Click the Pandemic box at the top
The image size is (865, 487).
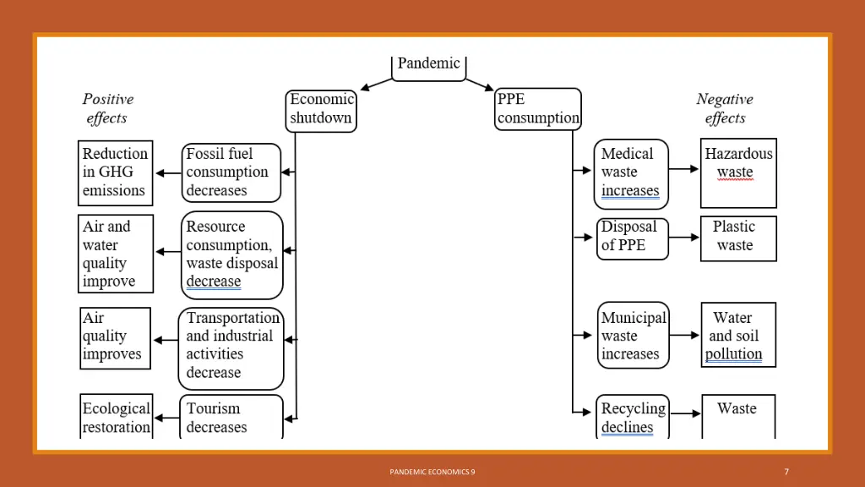tap(428, 68)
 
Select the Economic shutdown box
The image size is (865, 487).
tap(321, 111)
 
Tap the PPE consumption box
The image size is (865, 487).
tap(538, 109)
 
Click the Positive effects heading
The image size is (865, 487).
tap(107, 108)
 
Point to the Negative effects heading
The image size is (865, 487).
tap(725, 108)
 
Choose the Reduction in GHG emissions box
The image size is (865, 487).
tap(115, 172)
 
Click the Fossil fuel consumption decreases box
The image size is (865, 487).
tap(231, 172)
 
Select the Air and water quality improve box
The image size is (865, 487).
tap(116, 254)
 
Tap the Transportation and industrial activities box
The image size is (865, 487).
tap(231, 348)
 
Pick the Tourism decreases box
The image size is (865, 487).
tap(231, 417)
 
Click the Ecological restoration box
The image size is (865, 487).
tap(117, 417)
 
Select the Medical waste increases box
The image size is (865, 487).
tap(631, 174)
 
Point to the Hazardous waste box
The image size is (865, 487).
tap(738, 172)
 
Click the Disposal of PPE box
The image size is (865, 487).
tap(632, 238)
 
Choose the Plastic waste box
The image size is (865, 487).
tap(738, 238)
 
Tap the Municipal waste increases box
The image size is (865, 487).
tap(634, 335)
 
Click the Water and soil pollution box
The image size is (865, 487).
tap(738, 335)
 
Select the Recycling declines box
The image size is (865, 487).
tap(633, 417)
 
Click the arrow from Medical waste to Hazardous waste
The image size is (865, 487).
tap(684, 169)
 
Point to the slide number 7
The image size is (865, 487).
tap(786, 472)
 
